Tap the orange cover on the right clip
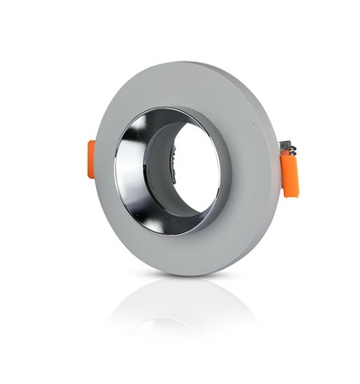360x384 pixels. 289,173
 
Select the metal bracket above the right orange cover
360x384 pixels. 287,145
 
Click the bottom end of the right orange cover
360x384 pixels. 290,192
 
